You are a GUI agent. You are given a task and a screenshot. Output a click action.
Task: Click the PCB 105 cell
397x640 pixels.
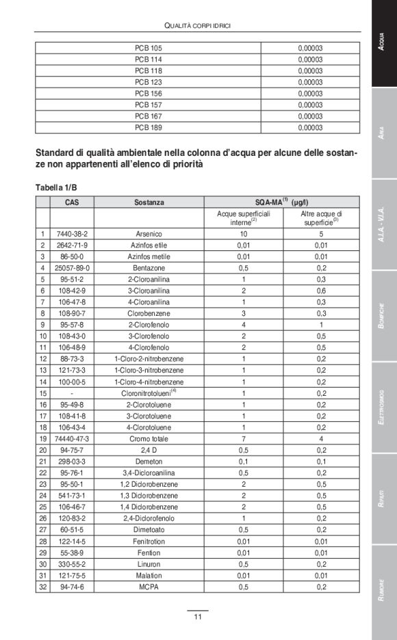149,49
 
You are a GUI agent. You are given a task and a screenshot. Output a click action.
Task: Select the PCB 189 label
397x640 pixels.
149,127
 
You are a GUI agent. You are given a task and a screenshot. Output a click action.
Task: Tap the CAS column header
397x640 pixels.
72,202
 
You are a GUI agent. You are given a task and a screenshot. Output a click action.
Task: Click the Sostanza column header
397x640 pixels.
149,202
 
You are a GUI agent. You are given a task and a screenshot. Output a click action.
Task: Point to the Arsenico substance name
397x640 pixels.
149,234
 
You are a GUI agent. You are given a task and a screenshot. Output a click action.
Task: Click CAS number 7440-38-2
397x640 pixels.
72,234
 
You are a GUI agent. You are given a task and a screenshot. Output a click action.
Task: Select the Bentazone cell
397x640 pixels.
149,268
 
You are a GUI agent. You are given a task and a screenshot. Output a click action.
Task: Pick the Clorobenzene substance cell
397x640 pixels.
149,313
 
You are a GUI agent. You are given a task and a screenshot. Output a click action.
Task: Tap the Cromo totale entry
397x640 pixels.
149,438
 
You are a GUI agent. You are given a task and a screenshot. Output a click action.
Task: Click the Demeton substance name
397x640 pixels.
149,461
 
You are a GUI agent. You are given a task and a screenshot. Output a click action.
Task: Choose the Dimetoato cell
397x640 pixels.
149,529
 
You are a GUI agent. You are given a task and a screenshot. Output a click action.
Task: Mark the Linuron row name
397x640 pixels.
149,564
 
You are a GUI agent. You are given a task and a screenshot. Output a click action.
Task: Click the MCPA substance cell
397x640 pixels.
149,587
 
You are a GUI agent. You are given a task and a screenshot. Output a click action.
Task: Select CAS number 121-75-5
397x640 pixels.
72,575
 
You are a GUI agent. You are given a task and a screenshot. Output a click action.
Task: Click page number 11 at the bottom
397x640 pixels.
197,617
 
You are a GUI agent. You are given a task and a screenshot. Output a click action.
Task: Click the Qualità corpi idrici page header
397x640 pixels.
197,25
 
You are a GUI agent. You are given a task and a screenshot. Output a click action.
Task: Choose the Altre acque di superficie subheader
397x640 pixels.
321,218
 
